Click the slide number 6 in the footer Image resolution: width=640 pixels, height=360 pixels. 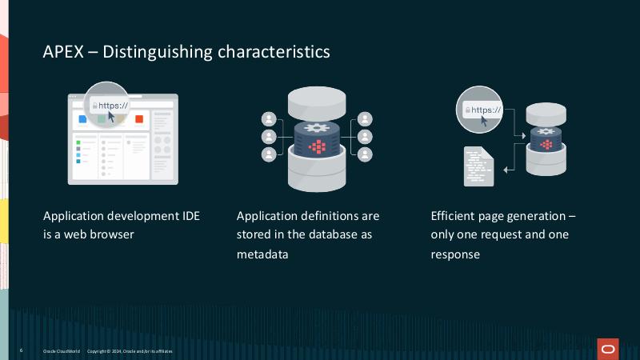tap(21, 351)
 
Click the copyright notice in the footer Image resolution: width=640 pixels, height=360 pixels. tap(129, 351)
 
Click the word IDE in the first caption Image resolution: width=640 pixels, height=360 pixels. tap(190, 216)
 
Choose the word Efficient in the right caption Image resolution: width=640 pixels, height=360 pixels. tap(455, 216)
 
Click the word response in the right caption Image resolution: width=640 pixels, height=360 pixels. tap(455, 254)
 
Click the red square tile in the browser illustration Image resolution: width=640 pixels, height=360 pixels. tap(138, 119)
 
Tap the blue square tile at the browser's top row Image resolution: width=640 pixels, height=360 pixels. tap(82, 119)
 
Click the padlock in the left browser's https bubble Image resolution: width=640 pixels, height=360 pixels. tap(95, 104)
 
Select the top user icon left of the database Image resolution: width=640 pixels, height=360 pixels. tap(269, 119)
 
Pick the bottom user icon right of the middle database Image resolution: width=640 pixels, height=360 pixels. tap(365, 154)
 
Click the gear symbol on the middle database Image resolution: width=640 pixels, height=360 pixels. tap(318, 129)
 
